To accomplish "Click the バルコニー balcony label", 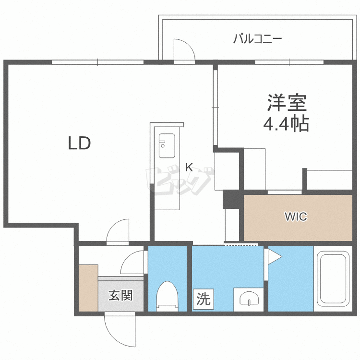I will [258, 39].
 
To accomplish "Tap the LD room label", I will [79, 143].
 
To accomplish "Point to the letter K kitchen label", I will [189, 168].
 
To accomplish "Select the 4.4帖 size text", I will [286, 124].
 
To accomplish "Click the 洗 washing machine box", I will [204, 300].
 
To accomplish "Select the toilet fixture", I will [167, 296].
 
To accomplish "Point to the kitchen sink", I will [167, 143].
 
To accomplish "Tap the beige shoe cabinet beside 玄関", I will [88, 287].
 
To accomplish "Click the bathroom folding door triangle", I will [274, 257].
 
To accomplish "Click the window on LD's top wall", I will [97, 62].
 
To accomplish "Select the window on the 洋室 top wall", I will [289, 62].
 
